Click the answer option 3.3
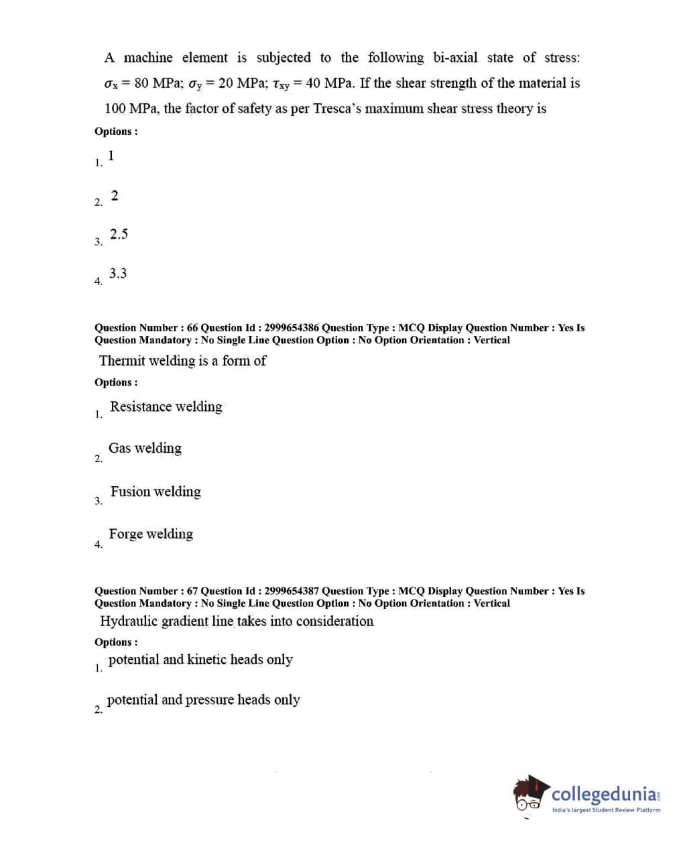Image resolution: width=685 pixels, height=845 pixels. (x=118, y=274)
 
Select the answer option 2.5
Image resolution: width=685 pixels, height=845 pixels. (x=119, y=234)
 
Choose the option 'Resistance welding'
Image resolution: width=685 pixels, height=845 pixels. (x=166, y=406)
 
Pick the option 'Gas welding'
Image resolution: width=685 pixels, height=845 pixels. (x=145, y=448)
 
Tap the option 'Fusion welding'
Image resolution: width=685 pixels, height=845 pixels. (x=155, y=492)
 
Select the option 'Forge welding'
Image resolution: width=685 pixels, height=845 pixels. (x=151, y=534)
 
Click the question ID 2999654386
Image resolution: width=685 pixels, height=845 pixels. (x=291, y=328)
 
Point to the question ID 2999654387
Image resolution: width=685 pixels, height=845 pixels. (x=291, y=591)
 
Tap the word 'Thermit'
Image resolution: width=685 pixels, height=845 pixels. (x=122, y=361)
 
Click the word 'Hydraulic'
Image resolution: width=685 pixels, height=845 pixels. (x=129, y=621)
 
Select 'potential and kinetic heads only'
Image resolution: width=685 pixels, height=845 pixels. (x=200, y=659)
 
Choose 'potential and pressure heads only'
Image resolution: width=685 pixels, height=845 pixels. (x=203, y=699)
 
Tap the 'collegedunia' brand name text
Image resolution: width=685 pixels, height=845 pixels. (x=605, y=795)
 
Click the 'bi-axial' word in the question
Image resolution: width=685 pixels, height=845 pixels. (x=455, y=58)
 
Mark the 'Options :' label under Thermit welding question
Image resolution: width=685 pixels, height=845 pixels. (x=116, y=382)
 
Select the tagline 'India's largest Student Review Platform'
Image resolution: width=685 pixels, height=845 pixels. (x=606, y=810)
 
